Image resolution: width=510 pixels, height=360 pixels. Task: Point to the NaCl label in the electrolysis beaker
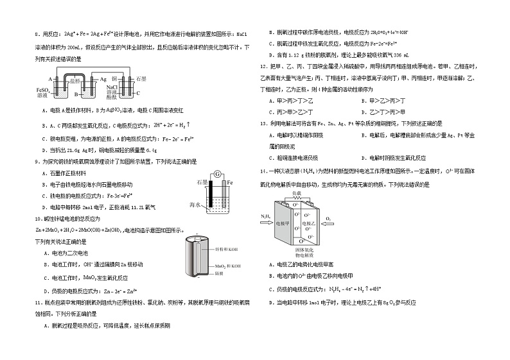pos(111,85)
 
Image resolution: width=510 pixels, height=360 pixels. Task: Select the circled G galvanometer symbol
pos(216,174)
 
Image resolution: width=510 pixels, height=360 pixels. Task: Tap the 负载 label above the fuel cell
pos(297,193)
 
